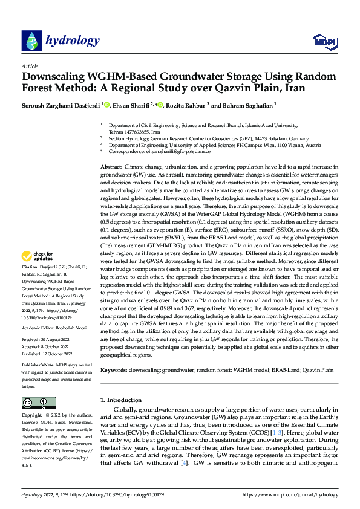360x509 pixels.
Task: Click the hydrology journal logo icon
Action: coord(31,41)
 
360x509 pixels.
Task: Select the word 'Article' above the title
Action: coord(29,66)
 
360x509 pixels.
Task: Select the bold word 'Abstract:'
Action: coord(112,166)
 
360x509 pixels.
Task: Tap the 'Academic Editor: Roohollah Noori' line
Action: coord(54,326)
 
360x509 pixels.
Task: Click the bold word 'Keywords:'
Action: coord(114,369)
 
